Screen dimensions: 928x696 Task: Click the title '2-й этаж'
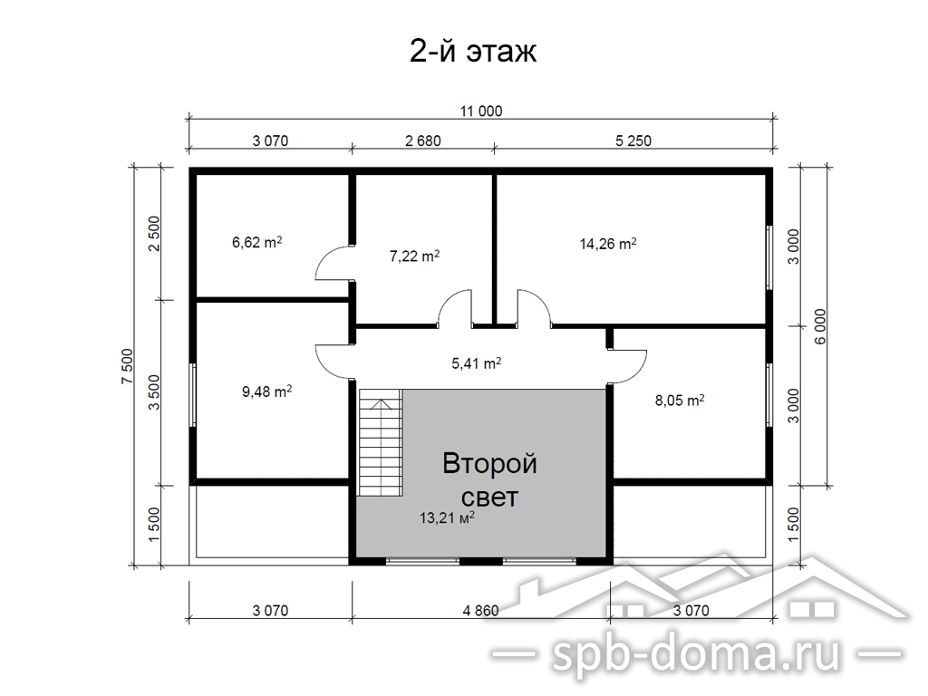[473, 51]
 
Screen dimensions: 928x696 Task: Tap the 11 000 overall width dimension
[481, 111]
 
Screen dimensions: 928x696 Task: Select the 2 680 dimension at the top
[423, 140]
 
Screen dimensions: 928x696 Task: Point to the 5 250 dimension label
[633, 140]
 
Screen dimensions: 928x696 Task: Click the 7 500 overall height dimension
[129, 366]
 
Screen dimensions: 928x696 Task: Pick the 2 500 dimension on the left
[154, 234]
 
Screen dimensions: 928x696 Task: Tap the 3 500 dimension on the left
[154, 392]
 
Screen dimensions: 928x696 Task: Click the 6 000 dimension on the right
[819, 326]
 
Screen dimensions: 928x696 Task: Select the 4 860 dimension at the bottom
[480, 610]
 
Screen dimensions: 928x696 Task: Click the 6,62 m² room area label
[256, 242]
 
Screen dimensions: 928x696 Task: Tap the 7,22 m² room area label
[414, 256]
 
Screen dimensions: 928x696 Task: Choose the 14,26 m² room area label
[608, 243]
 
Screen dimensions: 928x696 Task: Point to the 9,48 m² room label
[267, 391]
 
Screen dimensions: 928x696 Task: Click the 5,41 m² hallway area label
[477, 362]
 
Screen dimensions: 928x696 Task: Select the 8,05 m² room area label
[680, 400]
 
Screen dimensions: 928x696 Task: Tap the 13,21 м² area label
[447, 518]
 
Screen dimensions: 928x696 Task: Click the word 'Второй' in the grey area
[489, 463]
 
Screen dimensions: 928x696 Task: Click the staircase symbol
[381, 442]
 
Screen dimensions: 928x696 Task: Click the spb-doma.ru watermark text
[697, 654]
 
